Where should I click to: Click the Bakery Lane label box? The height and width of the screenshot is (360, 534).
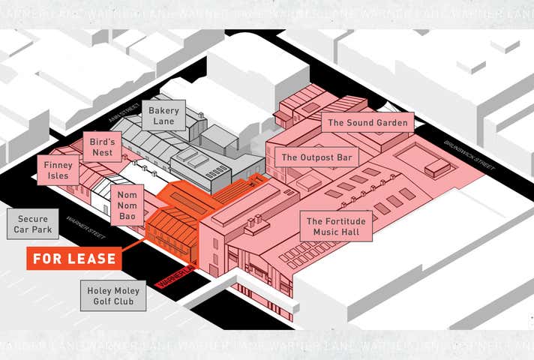163,115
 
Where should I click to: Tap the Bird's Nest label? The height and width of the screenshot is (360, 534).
101,147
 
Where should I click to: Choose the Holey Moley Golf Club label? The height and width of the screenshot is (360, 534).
113,295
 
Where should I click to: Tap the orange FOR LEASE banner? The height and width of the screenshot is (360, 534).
73,259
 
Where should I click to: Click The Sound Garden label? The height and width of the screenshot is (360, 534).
367,122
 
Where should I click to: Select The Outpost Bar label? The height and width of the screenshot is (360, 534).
316,158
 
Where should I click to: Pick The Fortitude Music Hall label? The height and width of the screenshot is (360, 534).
336,226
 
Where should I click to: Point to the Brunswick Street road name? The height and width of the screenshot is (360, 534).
467,155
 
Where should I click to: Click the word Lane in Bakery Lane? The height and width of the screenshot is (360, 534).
163,121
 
